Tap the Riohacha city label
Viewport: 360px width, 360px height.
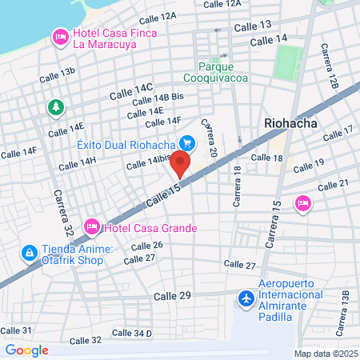coord(290,124)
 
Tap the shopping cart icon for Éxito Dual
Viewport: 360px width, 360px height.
coord(187,144)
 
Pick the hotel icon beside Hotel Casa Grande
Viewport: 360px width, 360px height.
coord(91,228)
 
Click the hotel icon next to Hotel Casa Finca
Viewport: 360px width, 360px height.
coord(60,36)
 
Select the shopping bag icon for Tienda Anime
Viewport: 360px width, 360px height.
coord(29,253)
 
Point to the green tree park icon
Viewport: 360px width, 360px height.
coord(54,106)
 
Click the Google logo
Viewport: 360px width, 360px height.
coord(26,350)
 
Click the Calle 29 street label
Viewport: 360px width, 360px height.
coord(173,296)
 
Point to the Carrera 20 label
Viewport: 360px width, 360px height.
coord(210,137)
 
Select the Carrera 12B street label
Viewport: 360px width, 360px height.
coord(333,71)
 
